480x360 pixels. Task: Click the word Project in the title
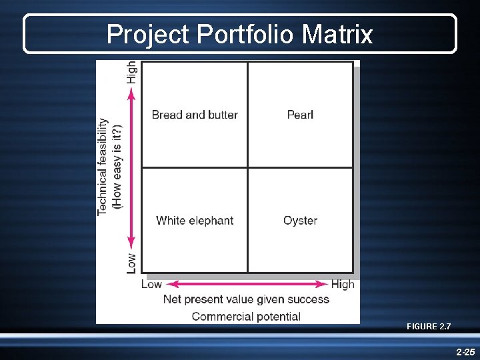tap(148, 34)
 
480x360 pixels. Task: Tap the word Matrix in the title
tap(337, 34)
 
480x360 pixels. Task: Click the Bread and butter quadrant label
tap(195, 115)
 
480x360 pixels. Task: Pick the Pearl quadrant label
tap(300, 115)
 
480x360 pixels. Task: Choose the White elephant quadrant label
tap(195, 221)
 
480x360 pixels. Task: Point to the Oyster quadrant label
tap(300, 221)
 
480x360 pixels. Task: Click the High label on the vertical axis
tap(131, 72)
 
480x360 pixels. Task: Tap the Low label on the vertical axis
tap(131, 262)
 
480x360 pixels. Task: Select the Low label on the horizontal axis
tap(151, 284)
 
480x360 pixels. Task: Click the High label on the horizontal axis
tap(343, 284)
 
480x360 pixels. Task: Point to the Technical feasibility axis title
tap(103, 167)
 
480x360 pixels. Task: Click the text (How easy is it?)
tap(117, 167)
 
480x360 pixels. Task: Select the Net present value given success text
tap(246, 299)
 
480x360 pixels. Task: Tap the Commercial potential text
tap(246, 316)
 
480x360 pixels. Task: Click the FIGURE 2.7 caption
tap(429, 327)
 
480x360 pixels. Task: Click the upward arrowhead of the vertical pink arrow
tap(131, 93)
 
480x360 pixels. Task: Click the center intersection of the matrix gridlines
tap(247, 167)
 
